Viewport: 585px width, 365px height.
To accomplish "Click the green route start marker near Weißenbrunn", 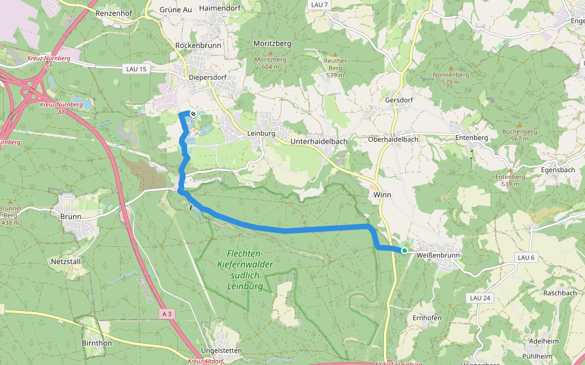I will pos(404,250).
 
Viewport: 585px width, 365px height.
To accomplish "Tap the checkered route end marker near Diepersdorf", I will pos(193,114).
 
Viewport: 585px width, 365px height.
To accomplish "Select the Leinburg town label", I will pos(261,133).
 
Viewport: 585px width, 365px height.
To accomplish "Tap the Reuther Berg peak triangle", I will pos(334,54).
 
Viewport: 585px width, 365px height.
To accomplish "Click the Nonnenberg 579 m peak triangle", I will pos(451,68).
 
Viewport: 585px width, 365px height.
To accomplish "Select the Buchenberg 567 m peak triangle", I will pos(519,125).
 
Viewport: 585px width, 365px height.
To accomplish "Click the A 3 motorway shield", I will pos(168,313).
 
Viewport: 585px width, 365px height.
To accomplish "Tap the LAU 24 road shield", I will pos(480,297).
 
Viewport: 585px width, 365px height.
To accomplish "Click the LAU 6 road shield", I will pos(526,257).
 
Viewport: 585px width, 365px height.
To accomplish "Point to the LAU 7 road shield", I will pos(319,5).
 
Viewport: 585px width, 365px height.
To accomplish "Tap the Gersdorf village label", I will pos(400,100).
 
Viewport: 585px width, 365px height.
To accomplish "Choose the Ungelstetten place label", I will pos(222,350).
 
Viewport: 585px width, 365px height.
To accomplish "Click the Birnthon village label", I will pos(96,342).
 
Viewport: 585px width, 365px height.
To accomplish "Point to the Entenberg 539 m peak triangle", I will pos(510,170).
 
